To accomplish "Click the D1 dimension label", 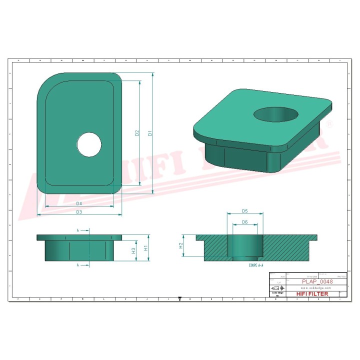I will click(x=149, y=133).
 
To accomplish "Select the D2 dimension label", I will click(x=136, y=133).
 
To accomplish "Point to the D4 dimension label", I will click(x=79, y=203).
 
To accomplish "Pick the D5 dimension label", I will click(x=245, y=211).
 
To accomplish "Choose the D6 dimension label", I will click(x=245, y=222).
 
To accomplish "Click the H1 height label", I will click(x=145, y=247).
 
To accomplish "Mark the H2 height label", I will click(x=181, y=245).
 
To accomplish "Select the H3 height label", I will click(x=133, y=250).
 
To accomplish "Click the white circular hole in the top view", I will click(x=89, y=144).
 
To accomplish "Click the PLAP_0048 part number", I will click(x=317, y=281).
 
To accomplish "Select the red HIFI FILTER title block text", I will click(x=312, y=294).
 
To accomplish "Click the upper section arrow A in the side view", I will click(x=78, y=230).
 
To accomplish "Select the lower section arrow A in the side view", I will click(x=78, y=264).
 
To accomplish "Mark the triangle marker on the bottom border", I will click(x=179, y=299).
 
